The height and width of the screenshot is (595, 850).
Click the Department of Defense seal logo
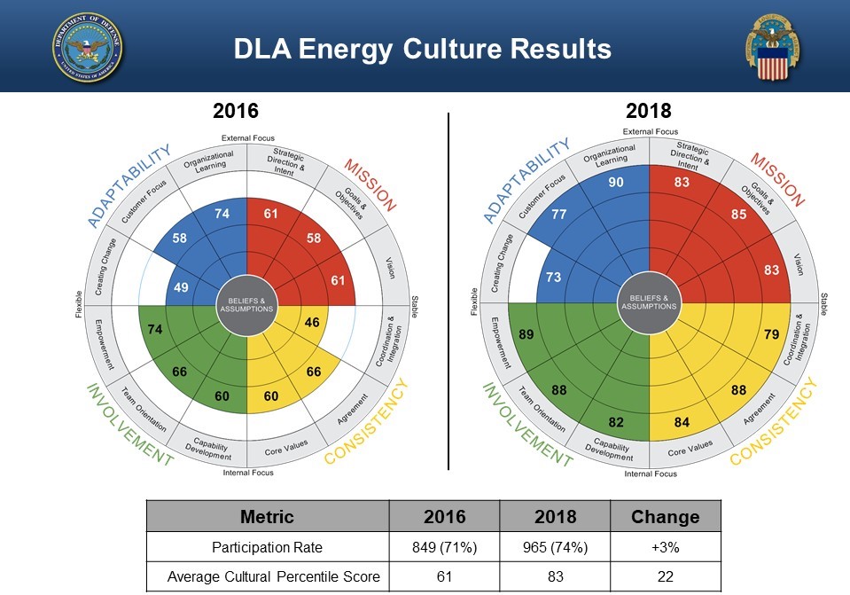tap(88, 47)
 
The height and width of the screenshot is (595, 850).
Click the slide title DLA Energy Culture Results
tap(423, 49)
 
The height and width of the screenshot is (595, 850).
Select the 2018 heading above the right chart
tap(648, 111)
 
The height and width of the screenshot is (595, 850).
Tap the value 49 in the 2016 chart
tap(180, 287)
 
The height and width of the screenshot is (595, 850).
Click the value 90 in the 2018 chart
tap(615, 183)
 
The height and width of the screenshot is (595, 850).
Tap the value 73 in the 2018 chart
tap(553, 278)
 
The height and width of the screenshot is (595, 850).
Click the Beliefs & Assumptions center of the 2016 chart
tap(247, 305)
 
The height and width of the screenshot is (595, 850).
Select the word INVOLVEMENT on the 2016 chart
tap(129, 425)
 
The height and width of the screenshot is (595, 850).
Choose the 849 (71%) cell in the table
tap(445, 547)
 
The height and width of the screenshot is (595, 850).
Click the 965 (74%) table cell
tap(555, 547)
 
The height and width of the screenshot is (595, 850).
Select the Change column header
tap(665, 517)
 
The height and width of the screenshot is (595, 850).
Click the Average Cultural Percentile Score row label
tap(268, 576)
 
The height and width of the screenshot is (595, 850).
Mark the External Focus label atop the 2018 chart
tap(651, 132)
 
